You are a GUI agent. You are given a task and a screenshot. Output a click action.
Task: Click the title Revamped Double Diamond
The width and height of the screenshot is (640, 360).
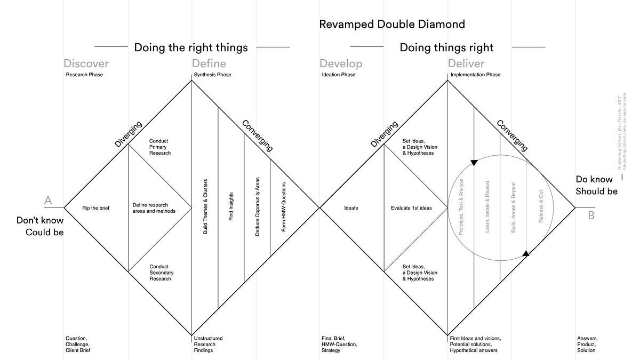392,24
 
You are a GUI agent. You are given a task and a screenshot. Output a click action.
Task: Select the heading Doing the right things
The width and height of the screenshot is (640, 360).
191,47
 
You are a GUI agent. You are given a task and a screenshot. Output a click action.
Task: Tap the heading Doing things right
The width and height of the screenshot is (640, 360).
446,47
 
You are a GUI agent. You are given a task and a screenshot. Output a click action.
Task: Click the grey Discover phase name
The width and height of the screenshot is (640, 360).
86,64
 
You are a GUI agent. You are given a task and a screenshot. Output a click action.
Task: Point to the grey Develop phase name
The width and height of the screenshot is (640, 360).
341,64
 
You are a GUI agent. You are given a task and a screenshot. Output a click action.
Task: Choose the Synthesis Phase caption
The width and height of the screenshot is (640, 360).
213,75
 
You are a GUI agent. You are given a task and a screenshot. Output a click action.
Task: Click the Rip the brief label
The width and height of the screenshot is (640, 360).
95,207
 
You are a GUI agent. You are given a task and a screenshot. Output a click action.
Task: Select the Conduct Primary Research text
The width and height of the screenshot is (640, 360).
160,147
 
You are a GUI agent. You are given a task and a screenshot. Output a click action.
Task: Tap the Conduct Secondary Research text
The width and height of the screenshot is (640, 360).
161,273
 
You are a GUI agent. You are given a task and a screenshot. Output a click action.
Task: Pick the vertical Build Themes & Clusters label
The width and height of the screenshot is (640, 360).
205,207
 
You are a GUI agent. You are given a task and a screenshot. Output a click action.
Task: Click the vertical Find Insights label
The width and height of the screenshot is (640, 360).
231,207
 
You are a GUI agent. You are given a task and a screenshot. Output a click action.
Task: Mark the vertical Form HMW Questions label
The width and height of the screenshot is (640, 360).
284,207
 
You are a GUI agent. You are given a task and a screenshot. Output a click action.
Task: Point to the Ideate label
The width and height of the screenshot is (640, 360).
351,207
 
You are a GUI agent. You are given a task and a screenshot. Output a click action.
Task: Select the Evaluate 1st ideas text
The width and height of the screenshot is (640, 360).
411,207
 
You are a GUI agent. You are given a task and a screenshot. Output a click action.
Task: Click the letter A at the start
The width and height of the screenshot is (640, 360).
48,201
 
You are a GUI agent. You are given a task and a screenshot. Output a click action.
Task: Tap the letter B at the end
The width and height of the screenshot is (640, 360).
591,215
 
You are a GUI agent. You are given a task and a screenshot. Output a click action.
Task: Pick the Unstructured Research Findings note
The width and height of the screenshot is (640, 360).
208,344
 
